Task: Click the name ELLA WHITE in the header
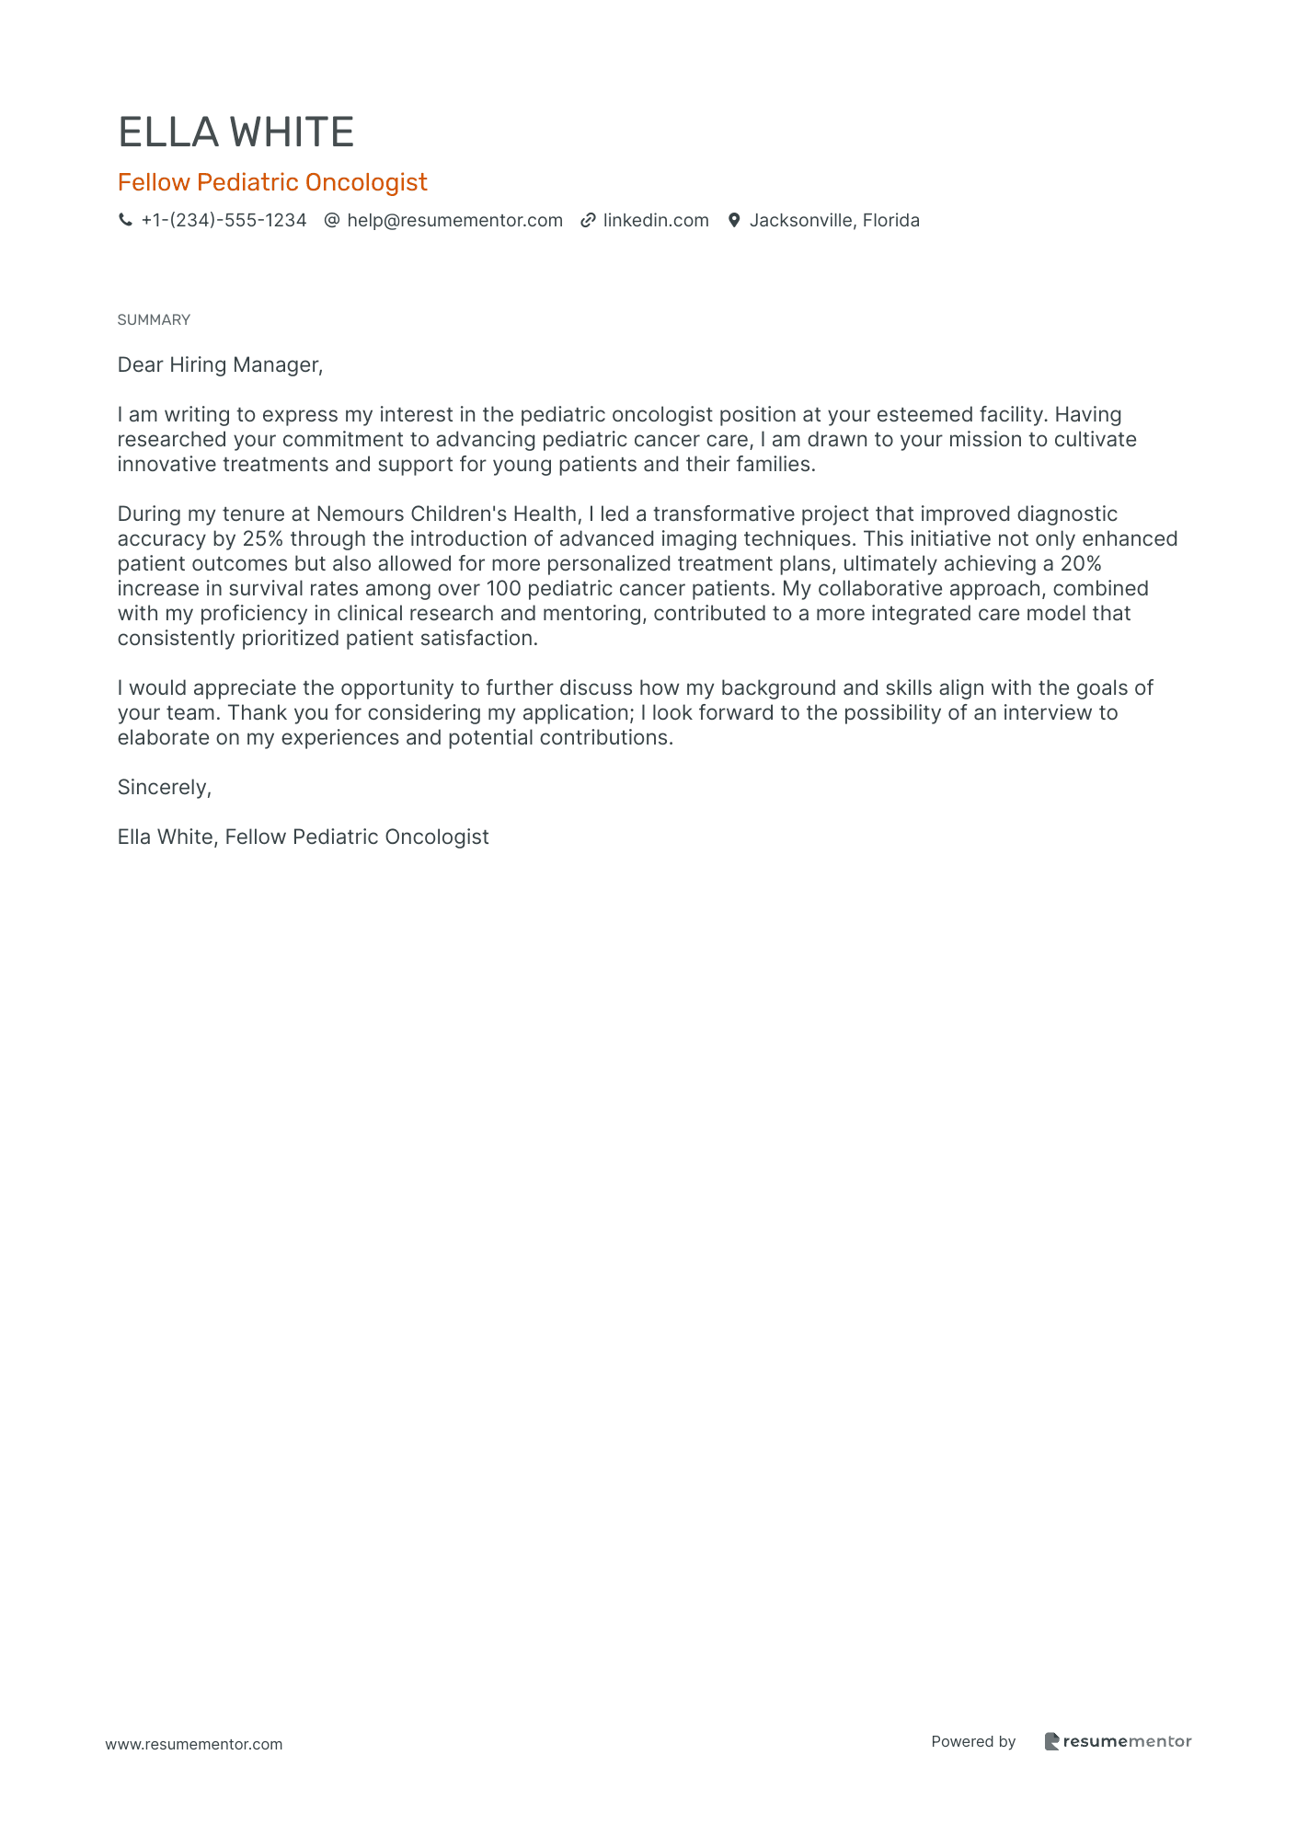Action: pyautogui.click(x=235, y=133)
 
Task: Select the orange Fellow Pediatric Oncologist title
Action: pyautogui.click(x=272, y=182)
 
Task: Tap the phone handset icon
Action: pyautogui.click(x=125, y=220)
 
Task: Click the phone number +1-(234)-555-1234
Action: pyautogui.click(x=224, y=220)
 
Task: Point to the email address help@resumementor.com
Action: pyautogui.click(x=454, y=220)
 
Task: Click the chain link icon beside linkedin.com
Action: pyautogui.click(x=588, y=220)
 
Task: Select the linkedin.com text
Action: pyautogui.click(x=656, y=220)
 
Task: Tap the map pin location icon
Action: pyautogui.click(x=734, y=220)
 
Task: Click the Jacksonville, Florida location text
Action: pyautogui.click(x=834, y=220)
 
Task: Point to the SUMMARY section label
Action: pyautogui.click(x=154, y=319)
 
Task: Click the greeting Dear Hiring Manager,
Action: pyautogui.click(x=220, y=364)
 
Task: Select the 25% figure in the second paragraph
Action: pyautogui.click(x=262, y=538)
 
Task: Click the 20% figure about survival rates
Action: pyautogui.click(x=1081, y=563)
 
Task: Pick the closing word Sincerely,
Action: pyautogui.click(x=165, y=787)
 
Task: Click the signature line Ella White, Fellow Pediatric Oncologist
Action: pyautogui.click(x=303, y=837)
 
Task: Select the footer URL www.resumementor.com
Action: pyautogui.click(x=194, y=1744)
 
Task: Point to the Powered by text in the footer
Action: pyautogui.click(x=973, y=1741)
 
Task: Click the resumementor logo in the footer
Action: pyautogui.click(x=1118, y=1741)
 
